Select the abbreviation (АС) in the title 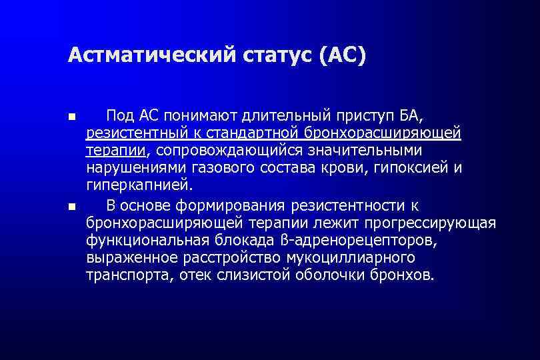[x=343, y=55]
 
